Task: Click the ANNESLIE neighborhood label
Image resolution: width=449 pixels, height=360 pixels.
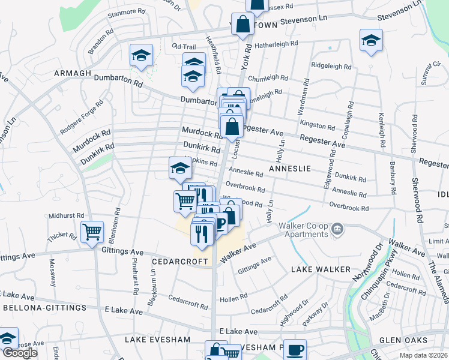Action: click(290, 169)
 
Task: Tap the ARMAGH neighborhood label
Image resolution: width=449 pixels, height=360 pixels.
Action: click(72, 73)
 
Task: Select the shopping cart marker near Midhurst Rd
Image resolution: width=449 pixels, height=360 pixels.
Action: click(92, 231)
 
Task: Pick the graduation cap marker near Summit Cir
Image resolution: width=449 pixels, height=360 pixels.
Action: click(371, 41)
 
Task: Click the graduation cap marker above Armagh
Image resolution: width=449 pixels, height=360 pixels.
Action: click(142, 56)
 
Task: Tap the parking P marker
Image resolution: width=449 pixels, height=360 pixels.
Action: click(220, 223)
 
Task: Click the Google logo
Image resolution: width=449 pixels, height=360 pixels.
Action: click(20, 353)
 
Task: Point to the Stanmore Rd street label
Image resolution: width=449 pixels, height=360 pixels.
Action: click(127, 11)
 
